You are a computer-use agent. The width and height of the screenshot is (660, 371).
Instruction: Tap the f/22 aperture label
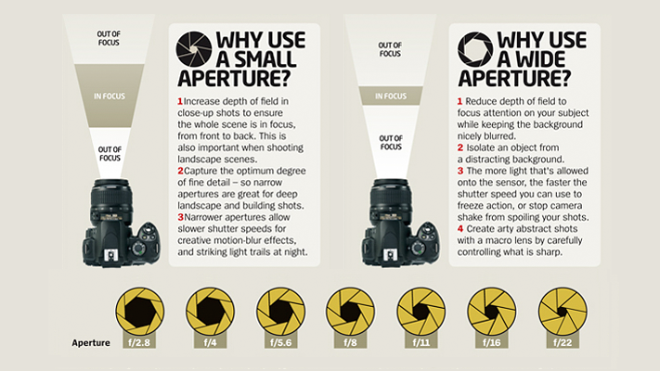point(563,342)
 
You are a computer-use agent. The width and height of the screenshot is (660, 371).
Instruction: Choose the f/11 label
point(422,342)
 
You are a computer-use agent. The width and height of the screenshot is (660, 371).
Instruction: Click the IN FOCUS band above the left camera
point(110,96)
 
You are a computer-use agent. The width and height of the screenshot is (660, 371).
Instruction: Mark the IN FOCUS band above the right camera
point(391,96)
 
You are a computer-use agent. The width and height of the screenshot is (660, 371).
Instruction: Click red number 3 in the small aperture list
point(179,222)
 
